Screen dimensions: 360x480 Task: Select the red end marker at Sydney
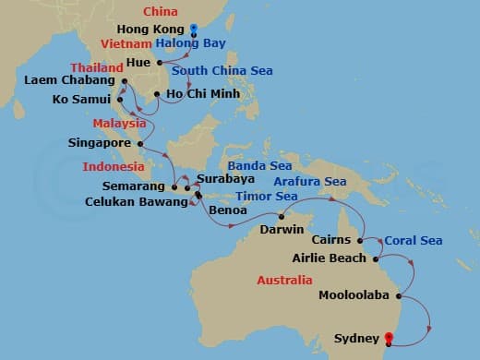pyautogui.click(x=389, y=339)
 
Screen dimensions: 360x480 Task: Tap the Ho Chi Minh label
pyautogui.click(x=203, y=93)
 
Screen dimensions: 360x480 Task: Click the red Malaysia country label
pyautogui.click(x=120, y=123)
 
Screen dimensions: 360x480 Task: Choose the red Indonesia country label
pyautogui.click(x=114, y=167)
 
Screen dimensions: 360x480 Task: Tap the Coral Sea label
pyautogui.click(x=414, y=240)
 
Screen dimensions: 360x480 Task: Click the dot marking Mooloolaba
pyautogui.click(x=398, y=296)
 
